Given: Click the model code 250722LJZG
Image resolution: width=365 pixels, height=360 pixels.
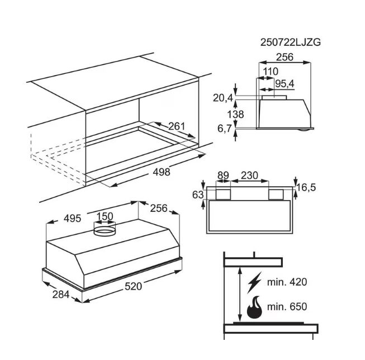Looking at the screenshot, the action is (x=290, y=42).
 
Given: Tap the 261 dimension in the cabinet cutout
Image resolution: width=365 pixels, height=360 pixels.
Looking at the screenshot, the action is (x=177, y=126).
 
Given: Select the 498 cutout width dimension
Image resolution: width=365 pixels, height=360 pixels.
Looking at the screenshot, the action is (x=162, y=172).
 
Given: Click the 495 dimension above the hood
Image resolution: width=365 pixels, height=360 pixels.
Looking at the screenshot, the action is (x=73, y=219).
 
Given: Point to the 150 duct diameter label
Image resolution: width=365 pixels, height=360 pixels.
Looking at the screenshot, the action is (x=105, y=216).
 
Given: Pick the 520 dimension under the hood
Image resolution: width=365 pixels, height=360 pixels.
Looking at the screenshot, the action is (x=133, y=286).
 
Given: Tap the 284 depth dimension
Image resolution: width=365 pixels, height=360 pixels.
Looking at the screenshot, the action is (x=61, y=295).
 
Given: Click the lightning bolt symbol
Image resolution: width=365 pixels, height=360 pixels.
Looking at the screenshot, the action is (x=254, y=282).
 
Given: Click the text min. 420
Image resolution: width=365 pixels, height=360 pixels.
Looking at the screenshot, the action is (x=287, y=282).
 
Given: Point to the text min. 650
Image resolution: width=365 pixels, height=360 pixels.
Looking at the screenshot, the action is (x=287, y=307).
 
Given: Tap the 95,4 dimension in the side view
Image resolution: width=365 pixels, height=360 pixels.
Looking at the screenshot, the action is (x=285, y=84).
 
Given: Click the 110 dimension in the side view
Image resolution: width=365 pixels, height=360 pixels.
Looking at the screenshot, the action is (x=271, y=72).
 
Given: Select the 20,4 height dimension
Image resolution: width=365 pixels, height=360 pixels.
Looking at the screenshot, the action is (x=223, y=98).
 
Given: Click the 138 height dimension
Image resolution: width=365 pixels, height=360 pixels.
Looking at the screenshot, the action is (x=235, y=115).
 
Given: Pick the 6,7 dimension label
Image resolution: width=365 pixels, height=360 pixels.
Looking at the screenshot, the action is (x=225, y=129).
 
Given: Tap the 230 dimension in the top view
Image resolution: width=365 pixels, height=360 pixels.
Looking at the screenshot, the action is (x=249, y=176).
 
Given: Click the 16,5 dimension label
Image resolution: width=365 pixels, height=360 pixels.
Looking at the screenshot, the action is (x=306, y=187).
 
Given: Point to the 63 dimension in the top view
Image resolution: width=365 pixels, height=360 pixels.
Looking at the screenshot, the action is (x=198, y=195).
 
